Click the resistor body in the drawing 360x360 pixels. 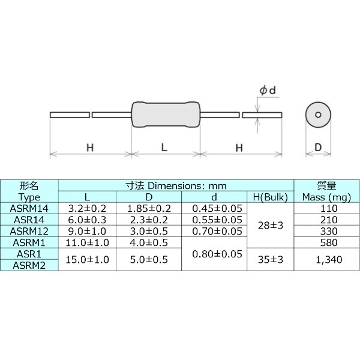pos(164,114)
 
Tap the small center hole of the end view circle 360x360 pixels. pos(318,115)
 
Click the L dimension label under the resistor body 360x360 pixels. pos(164,147)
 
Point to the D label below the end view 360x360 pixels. pos(318,147)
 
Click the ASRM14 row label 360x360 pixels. pos(29,208)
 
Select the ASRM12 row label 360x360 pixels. pos(29,231)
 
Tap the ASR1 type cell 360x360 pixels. pos(29,254)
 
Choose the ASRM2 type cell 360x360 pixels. pos(29,265)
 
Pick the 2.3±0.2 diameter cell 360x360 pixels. pos(149,220)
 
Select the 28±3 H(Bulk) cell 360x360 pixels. pos(270,225)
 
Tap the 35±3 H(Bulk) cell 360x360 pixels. pos(270,259)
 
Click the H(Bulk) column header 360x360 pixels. pos(270,197)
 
